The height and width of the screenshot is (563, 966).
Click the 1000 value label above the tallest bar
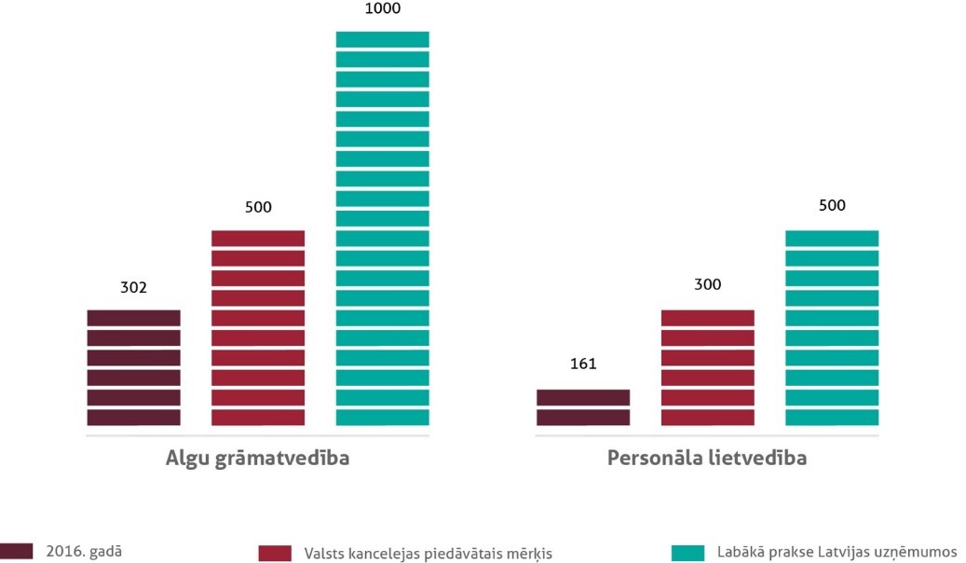tap(382, 8)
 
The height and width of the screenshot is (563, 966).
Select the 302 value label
tap(133, 288)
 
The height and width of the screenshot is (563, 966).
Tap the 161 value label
tap(583, 364)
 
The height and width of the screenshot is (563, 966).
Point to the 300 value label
tap(707, 284)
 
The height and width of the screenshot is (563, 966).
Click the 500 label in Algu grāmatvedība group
tap(258, 207)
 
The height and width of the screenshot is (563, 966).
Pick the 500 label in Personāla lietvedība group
tap(832, 206)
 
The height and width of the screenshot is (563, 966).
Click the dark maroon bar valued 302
tap(133, 367)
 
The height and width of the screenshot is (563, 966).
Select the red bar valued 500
tap(258, 327)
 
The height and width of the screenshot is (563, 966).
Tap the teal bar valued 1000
tap(382, 228)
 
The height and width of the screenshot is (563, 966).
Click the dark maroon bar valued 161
tap(583, 407)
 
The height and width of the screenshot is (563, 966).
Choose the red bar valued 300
tap(707, 367)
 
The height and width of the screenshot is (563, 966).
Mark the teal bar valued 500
tap(832, 327)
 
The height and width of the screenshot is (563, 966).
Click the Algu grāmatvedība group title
tap(258, 459)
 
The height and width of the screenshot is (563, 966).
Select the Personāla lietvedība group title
tap(707, 459)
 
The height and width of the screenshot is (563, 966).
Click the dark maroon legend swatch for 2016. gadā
tap(17, 551)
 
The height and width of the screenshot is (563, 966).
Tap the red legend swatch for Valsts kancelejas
tap(277, 554)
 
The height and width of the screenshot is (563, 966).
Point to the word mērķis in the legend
tap(530, 554)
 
